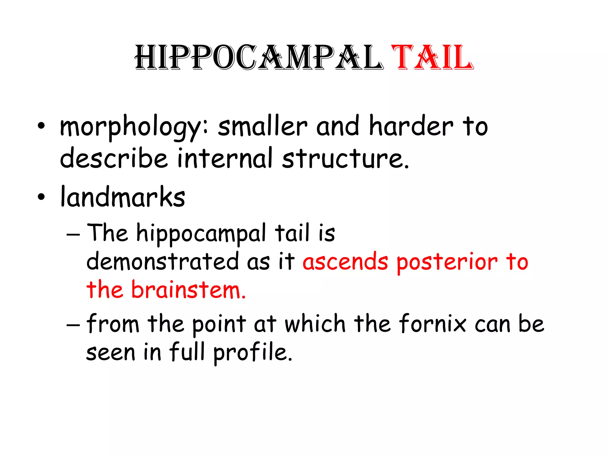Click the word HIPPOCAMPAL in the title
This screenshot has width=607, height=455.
[x=259, y=57]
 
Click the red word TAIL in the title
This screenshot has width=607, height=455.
[x=432, y=57]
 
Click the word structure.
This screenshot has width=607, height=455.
[x=345, y=158]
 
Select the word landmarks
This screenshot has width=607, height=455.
[x=123, y=197]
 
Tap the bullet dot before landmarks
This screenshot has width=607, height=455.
[x=41, y=197]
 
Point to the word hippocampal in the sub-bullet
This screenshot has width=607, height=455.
[x=201, y=234]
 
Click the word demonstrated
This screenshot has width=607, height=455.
[x=163, y=261]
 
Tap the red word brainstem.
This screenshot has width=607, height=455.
[x=189, y=289]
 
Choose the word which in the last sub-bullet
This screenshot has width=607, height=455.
[x=315, y=323]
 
